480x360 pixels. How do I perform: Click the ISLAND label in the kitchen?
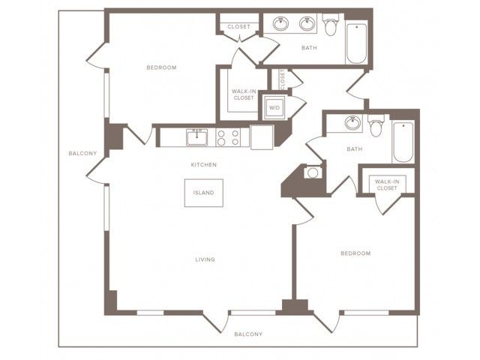coord(203,193)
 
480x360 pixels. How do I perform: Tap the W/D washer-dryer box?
coord(274,107)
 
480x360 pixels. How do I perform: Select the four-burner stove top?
coord(228,137)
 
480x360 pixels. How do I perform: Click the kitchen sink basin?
coord(196,137)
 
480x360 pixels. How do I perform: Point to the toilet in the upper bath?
coord(330,25)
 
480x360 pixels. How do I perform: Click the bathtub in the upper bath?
coord(357,43)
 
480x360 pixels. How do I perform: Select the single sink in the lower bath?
coord(352,123)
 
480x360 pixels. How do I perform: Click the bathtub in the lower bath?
coord(403,142)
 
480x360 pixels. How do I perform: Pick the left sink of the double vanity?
coord(280,24)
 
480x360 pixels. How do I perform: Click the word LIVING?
coord(205,259)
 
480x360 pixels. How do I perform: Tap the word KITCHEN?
coord(204,165)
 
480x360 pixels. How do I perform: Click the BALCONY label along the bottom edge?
coord(248,334)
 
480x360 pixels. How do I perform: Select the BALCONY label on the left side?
coord(82,153)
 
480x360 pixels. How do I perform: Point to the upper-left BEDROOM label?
coord(162,67)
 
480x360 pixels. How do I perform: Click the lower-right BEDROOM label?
coord(355,253)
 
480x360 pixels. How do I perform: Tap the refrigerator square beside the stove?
coord(262,137)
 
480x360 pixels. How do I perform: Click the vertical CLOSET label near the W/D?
coord(282,78)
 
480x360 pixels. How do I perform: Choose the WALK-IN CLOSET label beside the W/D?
coord(244,94)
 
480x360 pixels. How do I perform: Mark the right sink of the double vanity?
coord(307,24)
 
